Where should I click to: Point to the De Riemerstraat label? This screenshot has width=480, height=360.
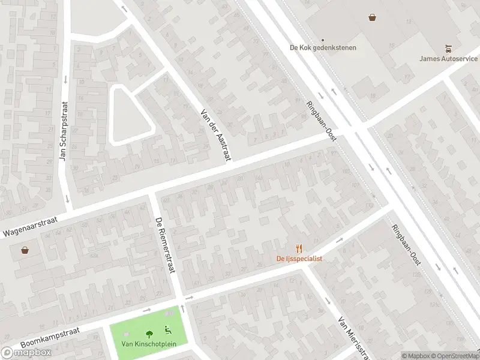164,245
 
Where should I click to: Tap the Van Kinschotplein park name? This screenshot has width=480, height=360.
148,344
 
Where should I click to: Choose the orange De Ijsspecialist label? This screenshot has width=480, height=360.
299,259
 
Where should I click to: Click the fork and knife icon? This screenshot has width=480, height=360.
299,248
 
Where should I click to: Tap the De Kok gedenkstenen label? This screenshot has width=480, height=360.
323,48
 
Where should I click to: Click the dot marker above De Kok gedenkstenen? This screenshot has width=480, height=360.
322,40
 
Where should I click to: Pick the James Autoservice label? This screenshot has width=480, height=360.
448,58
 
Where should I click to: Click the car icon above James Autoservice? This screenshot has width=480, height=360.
448,48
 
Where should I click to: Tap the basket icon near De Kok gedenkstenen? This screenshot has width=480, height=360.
373,18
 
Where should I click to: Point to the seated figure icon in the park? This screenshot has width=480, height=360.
168,329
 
